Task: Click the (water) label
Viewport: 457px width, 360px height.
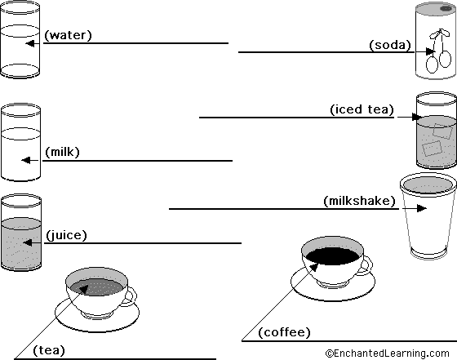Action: (68, 35)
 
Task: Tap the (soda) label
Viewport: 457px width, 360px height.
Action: (390, 45)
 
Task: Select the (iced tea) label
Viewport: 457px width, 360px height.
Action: (362, 109)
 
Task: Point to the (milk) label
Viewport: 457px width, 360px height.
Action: (62, 152)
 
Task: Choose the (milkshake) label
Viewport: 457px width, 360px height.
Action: (359, 201)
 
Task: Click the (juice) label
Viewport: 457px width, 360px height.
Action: (66, 235)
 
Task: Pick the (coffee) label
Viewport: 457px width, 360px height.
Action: (284, 332)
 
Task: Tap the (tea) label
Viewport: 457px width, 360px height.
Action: (49, 350)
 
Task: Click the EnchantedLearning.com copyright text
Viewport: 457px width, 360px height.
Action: (388, 353)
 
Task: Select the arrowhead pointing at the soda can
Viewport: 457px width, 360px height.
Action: (430, 51)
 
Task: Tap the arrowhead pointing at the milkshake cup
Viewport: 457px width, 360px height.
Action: (422, 208)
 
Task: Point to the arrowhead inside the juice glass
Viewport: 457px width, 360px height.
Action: (28, 242)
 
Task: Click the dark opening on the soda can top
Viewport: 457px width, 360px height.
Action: (446, 9)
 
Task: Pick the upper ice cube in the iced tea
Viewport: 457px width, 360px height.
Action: (442, 131)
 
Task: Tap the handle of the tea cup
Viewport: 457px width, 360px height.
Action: (131, 297)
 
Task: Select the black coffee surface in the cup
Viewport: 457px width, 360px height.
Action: (333, 256)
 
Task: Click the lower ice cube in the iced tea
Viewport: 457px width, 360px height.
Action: (432, 149)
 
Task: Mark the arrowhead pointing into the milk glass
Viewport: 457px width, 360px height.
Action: (26, 160)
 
